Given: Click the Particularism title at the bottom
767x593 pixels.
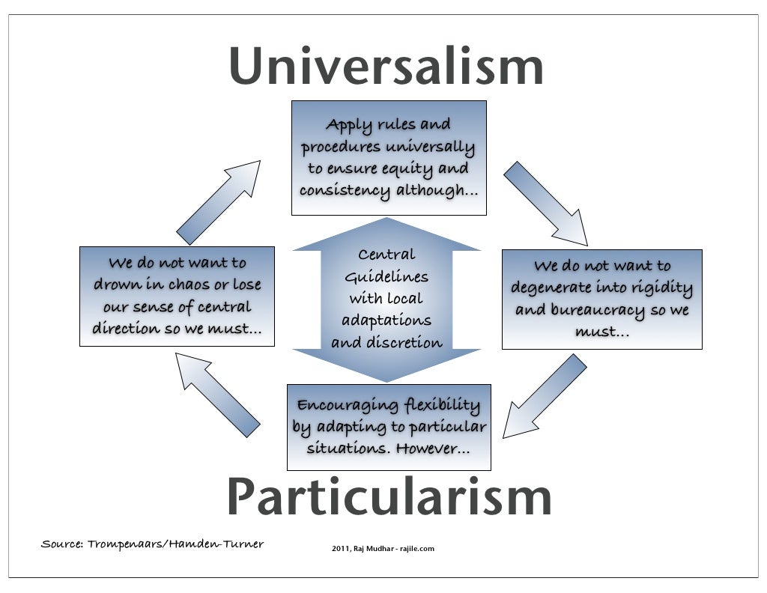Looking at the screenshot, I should (x=389, y=497).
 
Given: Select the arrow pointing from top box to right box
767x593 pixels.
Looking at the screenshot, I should (x=545, y=203).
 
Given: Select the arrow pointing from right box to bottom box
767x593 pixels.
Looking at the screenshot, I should (x=545, y=396).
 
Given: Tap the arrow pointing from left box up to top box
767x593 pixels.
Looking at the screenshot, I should (x=219, y=202).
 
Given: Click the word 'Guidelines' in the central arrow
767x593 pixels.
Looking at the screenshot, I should (x=386, y=278).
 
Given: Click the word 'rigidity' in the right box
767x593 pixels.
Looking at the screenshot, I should (x=661, y=288).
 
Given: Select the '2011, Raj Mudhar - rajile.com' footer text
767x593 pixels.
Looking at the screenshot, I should (x=383, y=549).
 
